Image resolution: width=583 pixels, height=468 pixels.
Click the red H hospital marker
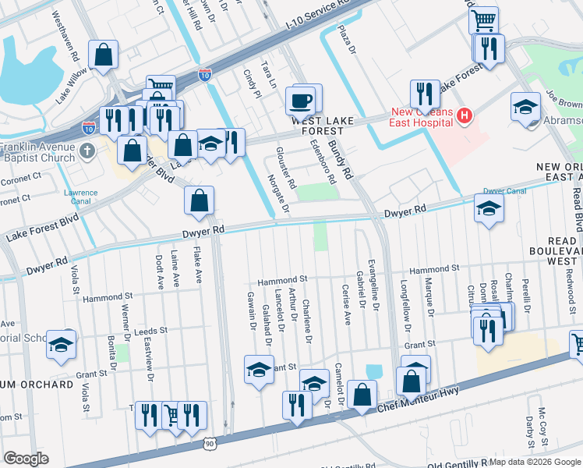pyautogui.click(x=465, y=117)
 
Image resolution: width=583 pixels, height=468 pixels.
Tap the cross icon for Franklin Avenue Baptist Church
pyautogui.click(x=90, y=150)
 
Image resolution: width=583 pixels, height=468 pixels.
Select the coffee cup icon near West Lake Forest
pyautogui.click(x=300, y=101)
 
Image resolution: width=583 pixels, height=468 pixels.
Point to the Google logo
pyautogui.click(x=26, y=459)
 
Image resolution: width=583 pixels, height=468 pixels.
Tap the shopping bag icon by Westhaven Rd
pyautogui.click(x=103, y=55)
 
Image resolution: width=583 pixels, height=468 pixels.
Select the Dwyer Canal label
pyautogui.click(x=504, y=190)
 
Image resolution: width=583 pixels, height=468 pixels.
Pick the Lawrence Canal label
pyautogui.click(x=80, y=197)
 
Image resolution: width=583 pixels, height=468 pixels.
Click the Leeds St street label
pyautogui.click(x=150, y=331)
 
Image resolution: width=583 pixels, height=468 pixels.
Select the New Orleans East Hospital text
pyautogui.click(x=421, y=117)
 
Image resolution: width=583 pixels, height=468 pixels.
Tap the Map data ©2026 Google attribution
pyautogui.click(x=535, y=462)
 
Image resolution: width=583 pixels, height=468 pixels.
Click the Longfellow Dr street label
pyautogui.click(x=404, y=301)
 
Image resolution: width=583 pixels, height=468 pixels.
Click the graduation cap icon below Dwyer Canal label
pyautogui.click(x=489, y=208)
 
